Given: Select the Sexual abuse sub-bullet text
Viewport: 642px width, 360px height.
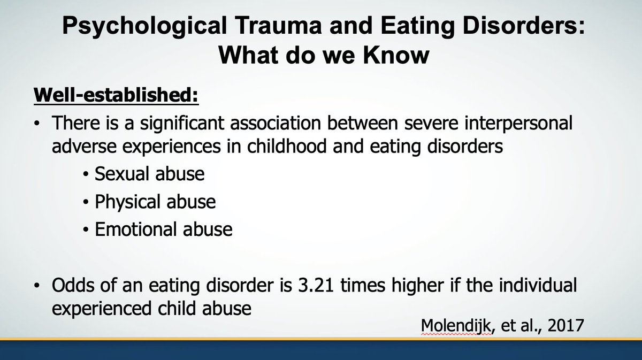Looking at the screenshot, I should point(150,174).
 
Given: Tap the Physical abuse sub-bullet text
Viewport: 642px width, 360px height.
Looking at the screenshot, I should point(155,202).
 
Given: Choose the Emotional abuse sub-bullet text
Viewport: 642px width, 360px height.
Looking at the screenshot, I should point(164,229).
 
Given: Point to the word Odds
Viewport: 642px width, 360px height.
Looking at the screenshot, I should point(72,286).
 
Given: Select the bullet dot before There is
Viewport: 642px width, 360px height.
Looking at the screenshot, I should point(36,125).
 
